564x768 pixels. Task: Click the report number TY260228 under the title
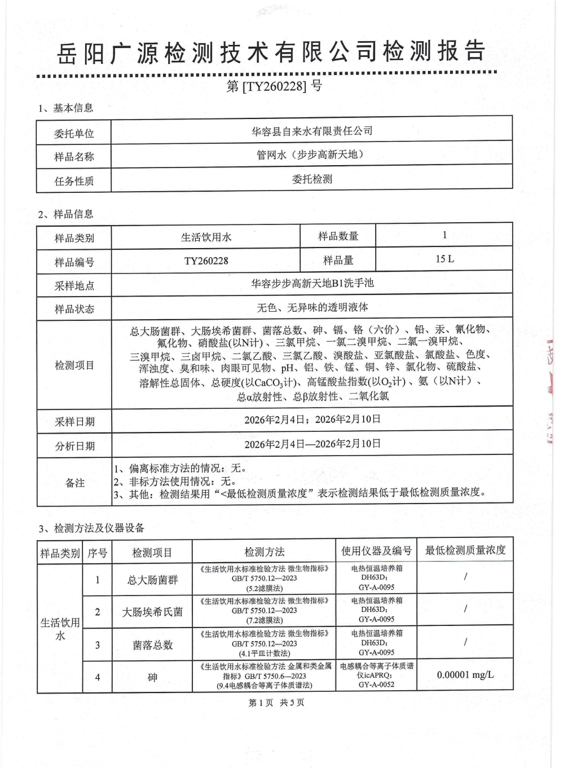pos(274,86)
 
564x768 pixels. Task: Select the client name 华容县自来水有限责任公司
pos(312,131)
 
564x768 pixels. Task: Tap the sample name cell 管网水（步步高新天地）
pos(312,155)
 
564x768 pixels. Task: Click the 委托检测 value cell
pos(312,179)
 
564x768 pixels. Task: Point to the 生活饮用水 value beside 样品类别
pos(206,237)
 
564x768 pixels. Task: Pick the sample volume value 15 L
pos(444,259)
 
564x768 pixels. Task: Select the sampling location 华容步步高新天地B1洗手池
pos(312,284)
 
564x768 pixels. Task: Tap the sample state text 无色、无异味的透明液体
pos(312,308)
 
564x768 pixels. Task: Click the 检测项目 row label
pos(74,365)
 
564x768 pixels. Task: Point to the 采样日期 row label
pos(74,422)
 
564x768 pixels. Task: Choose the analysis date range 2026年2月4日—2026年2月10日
pos(312,444)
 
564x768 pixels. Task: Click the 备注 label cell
pos(74,483)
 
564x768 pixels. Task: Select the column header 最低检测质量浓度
pos(465,551)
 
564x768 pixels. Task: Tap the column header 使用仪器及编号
pos(376,551)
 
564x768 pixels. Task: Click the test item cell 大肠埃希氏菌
pos(152,612)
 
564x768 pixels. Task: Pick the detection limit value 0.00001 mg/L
pos(465,675)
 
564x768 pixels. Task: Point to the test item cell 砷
pos(152,677)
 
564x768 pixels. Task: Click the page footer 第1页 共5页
pos(276,703)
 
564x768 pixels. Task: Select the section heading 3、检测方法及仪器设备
pos(92,528)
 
